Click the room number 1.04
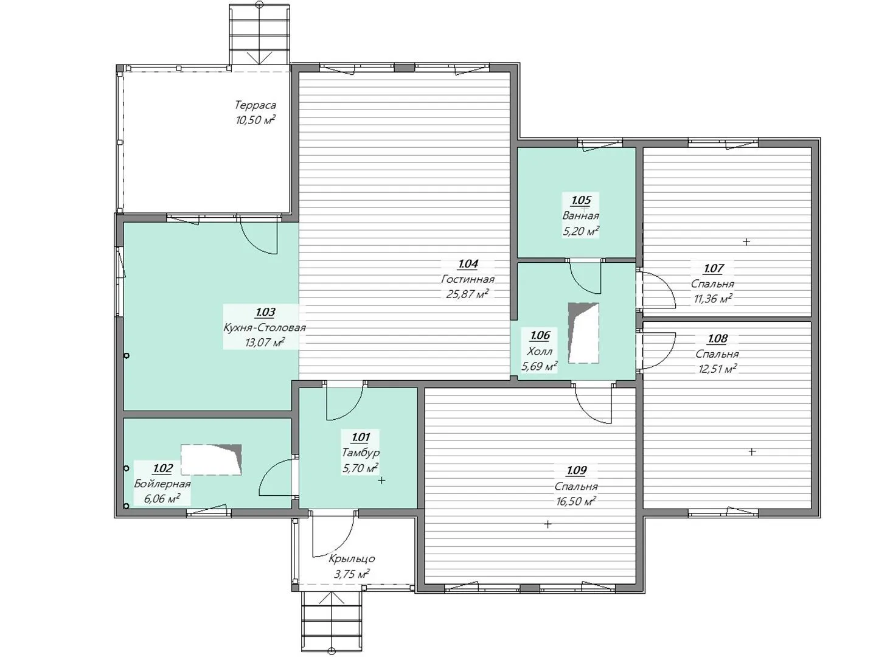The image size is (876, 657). pos(468,263)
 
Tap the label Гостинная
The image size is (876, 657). pos(468,279)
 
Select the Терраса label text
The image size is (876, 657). pos(255,105)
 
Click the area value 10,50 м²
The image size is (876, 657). pos(255,120)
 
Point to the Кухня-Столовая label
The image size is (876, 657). pos(265,328)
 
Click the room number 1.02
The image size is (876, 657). pos(162,468)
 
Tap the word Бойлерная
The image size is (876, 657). pos(162,484)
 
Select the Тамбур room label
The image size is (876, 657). pos(360,453)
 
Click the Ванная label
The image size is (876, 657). pos(581,216)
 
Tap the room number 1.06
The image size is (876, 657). pos(540,335)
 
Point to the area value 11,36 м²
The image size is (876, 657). pos(713,299)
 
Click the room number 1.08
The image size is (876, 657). pos(717,339)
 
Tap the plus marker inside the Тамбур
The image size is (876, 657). pos(381,481)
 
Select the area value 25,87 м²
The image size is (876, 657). pos(468,294)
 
